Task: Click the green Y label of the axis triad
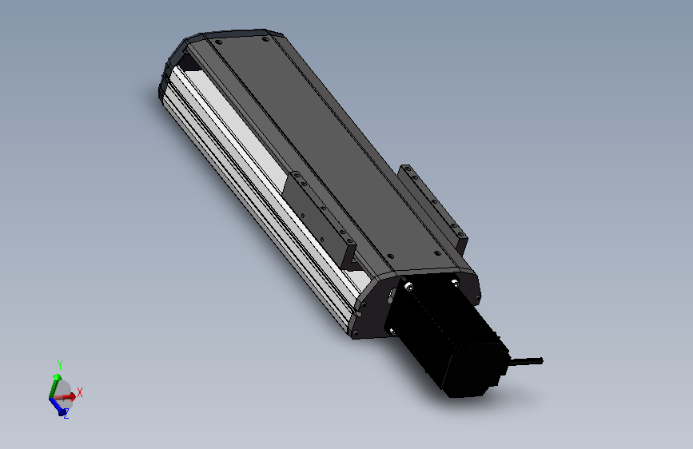tap(60, 365)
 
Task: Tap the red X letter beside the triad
tap(80, 392)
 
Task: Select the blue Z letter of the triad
tap(66, 414)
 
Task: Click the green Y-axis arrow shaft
tap(54, 387)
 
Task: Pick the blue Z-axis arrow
tap(58, 406)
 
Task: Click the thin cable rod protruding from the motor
tap(526, 362)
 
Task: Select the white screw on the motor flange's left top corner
tap(409, 288)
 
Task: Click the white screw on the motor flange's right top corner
tap(455, 281)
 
